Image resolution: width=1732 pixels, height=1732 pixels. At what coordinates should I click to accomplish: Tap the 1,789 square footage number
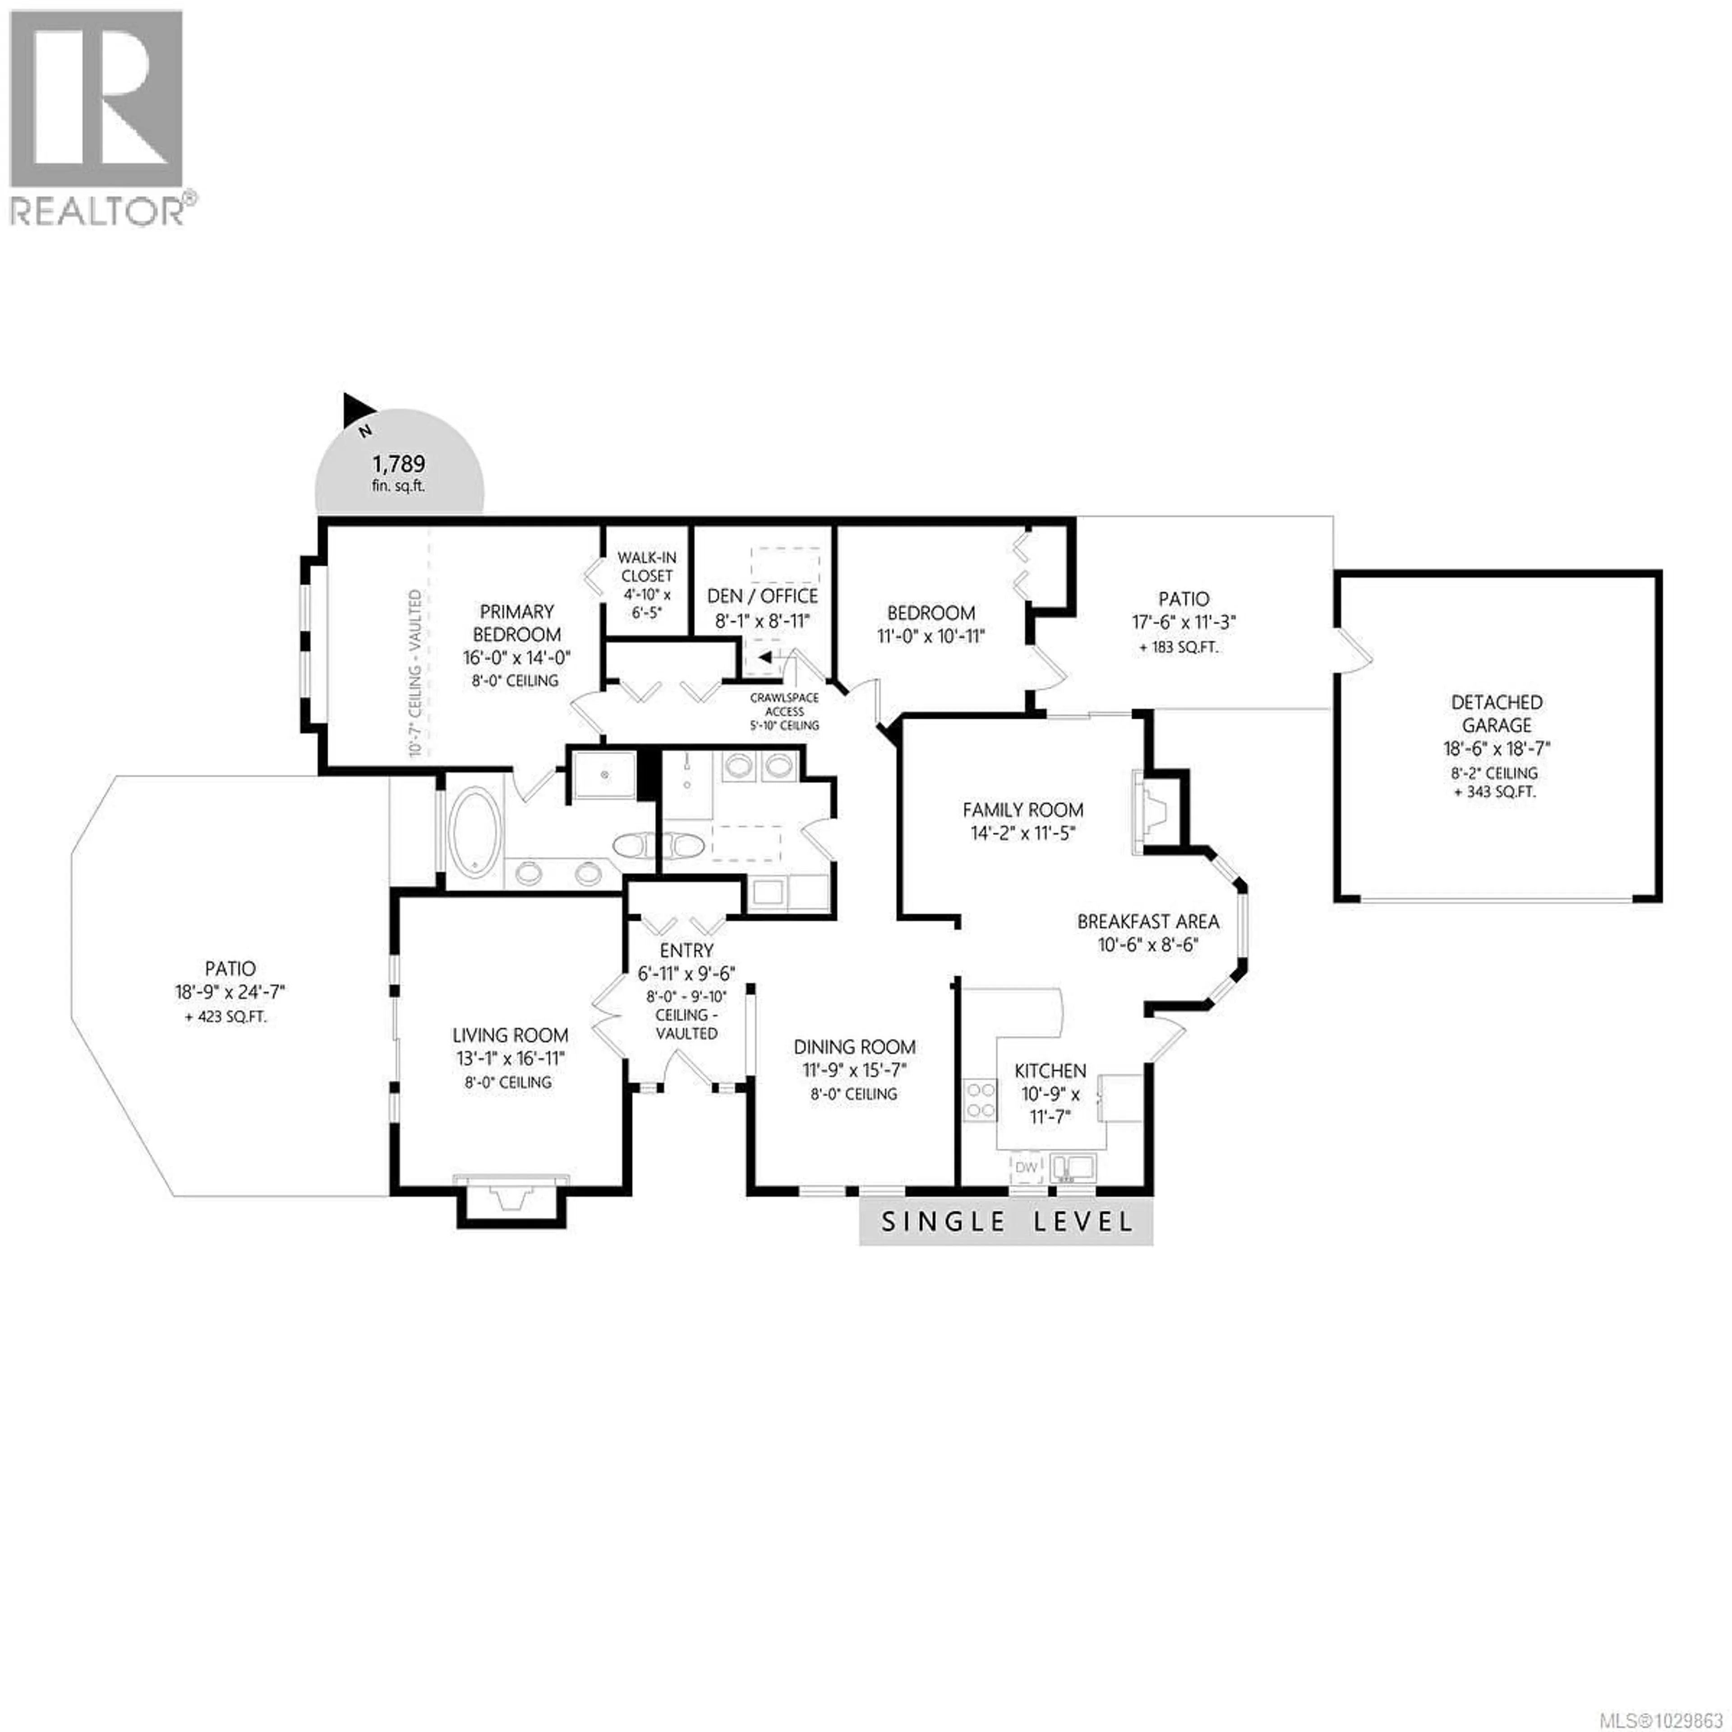click(x=399, y=465)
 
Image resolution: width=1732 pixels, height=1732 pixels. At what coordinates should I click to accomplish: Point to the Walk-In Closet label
click(x=646, y=567)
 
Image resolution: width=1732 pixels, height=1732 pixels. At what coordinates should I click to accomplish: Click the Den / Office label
click(x=762, y=596)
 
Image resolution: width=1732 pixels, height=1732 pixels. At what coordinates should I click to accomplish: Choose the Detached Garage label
click(x=1496, y=714)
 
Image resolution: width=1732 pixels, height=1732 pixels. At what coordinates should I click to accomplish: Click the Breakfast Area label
click(x=1147, y=921)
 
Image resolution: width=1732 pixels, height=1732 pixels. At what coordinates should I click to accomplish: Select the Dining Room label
click(x=854, y=1046)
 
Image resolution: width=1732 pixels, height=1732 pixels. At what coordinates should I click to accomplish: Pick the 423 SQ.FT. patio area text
click(x=226, y=1018)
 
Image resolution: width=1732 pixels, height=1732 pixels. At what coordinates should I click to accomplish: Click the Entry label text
click(x=686, y=950)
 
